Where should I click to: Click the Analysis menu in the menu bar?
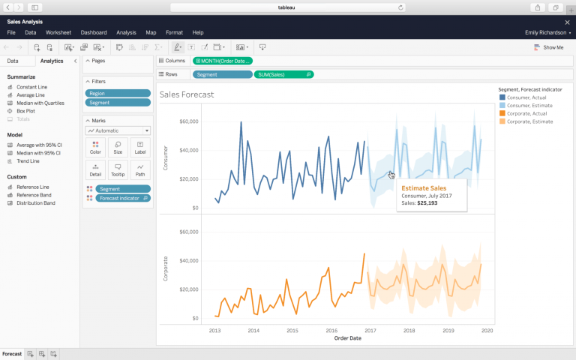click(126, 33)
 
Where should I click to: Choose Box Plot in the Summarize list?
click(25, 111)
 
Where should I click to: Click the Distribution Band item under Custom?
click(35, 202)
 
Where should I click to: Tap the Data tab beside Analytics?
click(13, 61)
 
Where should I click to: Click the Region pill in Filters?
click(118, 94)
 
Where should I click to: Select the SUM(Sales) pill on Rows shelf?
click(284, 75)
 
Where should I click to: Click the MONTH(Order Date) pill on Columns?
click(223, 61)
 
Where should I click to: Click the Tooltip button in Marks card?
click(118, 169)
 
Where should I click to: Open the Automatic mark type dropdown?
click(118, 130)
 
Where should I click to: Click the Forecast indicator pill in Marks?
click(123, 198)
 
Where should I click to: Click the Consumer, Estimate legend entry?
click(529, 106)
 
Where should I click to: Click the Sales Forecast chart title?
click(187, 94)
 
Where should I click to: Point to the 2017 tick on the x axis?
click(370, 330)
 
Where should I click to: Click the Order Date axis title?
click(347, 338)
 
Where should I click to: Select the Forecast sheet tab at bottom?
click(12, 353)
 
